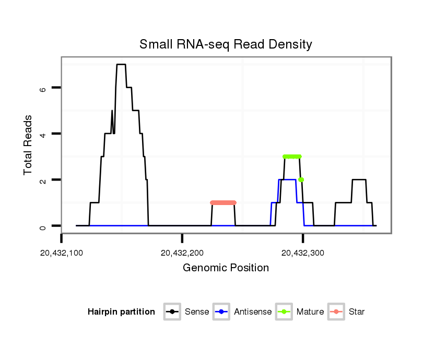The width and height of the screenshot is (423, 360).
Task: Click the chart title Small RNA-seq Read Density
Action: point(226,44)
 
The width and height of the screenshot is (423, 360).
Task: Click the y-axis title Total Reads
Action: point(30,145)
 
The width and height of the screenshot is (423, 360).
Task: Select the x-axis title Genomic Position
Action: point(226,268)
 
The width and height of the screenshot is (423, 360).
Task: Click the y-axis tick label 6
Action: point(43,88)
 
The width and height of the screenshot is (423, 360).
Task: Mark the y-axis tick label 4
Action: point(43,134)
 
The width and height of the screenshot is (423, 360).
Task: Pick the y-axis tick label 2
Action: point(43,180)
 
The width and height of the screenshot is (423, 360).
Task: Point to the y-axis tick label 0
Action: point(43,226)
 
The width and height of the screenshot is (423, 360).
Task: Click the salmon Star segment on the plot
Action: point(224,202)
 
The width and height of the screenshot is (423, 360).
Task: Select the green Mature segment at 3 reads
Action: point(292,157)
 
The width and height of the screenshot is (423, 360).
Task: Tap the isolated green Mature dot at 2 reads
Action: point(301,179)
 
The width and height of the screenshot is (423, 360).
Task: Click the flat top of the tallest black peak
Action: point(121,65)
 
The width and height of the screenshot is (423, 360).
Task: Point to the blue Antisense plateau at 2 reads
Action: point(287,180)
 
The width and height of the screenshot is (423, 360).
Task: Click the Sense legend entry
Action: point(186,312)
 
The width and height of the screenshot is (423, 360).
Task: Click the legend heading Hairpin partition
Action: point(121,312)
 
